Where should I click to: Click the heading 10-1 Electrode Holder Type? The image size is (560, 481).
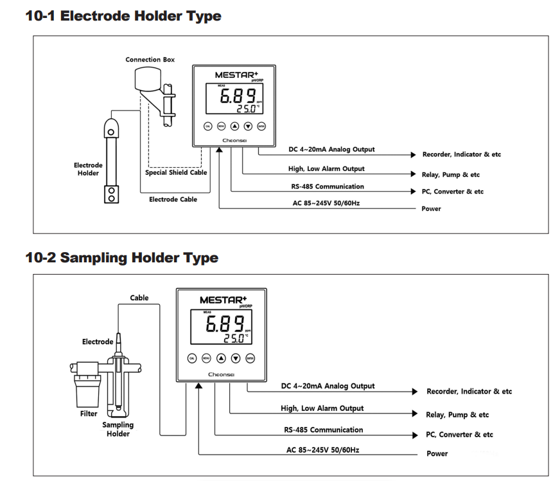click(123, 16)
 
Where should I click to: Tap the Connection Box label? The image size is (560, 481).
click(150, 60)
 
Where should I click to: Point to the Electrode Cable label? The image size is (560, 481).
click(173, 199)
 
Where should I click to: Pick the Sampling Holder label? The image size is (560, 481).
click(118, 429)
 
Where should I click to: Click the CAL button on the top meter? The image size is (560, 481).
click(207, 127)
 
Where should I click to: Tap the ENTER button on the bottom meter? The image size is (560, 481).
click(250, 358)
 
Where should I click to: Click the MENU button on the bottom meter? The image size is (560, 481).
click(206, 358)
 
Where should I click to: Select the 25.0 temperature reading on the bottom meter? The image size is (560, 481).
click(233, 338)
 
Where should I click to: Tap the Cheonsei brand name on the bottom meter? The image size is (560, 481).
click(222, 374)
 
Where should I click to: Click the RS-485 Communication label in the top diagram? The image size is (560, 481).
click(323, 187)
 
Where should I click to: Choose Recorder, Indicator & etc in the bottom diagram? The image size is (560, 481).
click(469, 391)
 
